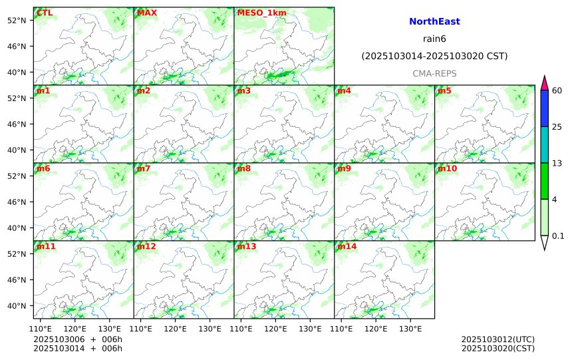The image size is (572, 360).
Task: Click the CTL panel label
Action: (45, 13)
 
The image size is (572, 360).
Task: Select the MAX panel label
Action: (146, 13)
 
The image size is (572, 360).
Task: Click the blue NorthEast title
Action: (434, 22)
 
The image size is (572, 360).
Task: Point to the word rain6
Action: (434, 39)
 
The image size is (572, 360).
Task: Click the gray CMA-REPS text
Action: (434, 73)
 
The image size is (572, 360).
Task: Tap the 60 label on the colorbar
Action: (557, 90)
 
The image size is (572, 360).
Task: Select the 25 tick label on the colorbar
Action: (557, 127)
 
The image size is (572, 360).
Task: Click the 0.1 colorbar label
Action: (558, 236)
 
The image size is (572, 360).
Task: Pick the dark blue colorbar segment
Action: (544, 108)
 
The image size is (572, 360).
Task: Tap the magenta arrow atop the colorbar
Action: (544, 83)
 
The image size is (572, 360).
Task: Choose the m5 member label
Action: (444, 90)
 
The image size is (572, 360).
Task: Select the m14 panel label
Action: (346, 246)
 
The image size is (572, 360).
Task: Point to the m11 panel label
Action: (46, 246)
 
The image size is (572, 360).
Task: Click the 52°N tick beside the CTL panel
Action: (15, 20)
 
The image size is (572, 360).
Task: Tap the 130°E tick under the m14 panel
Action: (410, 329)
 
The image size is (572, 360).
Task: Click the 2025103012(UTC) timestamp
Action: (498, 339)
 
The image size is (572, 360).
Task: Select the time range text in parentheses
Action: (434, 57)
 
